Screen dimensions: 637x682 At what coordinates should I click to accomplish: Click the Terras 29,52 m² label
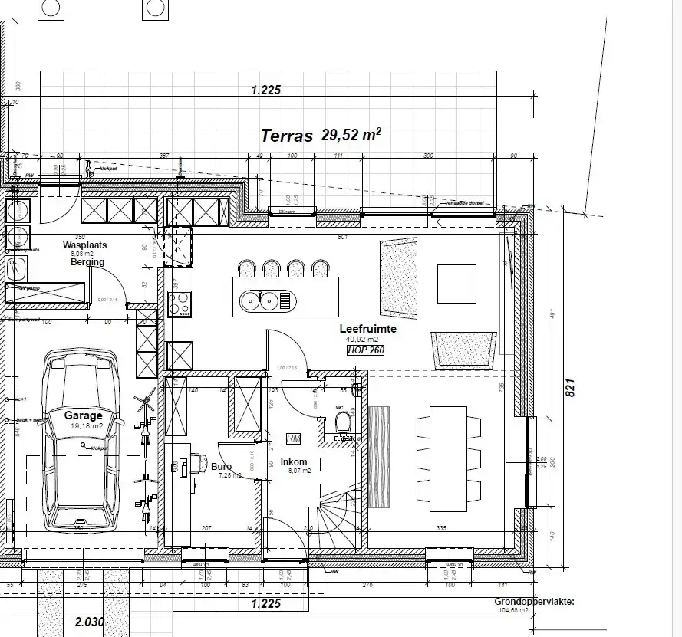321,136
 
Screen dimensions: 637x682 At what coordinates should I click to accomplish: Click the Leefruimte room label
367,328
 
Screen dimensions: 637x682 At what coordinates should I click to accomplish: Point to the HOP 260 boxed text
365,350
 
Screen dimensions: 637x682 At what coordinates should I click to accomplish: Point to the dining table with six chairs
449,458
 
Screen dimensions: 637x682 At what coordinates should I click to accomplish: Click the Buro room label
222,465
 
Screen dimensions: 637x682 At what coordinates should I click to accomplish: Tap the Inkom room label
294,462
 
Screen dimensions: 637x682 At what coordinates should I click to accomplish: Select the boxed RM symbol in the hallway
293,438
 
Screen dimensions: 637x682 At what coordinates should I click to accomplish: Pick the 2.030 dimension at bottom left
89,621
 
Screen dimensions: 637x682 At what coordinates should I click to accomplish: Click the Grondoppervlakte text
535,603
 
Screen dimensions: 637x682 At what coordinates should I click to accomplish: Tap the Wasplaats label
84,245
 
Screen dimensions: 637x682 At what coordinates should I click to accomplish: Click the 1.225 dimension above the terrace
266,90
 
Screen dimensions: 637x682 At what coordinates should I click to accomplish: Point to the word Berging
87,262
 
